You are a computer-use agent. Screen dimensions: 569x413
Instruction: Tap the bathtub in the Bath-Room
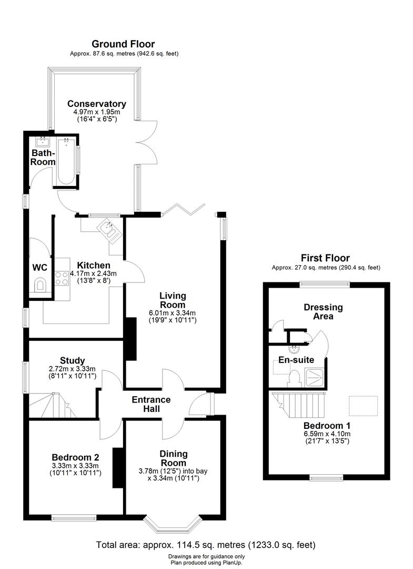point(66,161)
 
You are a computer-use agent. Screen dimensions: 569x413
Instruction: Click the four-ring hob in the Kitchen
point(62,277)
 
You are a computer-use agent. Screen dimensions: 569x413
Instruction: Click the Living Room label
point(173,300)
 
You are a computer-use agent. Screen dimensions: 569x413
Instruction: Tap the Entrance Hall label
point(150,404)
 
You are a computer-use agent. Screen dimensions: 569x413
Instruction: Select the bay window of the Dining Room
point(173,524)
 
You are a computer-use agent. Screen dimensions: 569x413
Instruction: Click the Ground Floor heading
point(123,44)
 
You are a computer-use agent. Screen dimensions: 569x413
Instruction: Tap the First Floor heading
point(325,258)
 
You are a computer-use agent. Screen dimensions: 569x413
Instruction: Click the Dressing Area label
point(323,311)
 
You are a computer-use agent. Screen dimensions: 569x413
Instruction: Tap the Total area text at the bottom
point(206,545)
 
